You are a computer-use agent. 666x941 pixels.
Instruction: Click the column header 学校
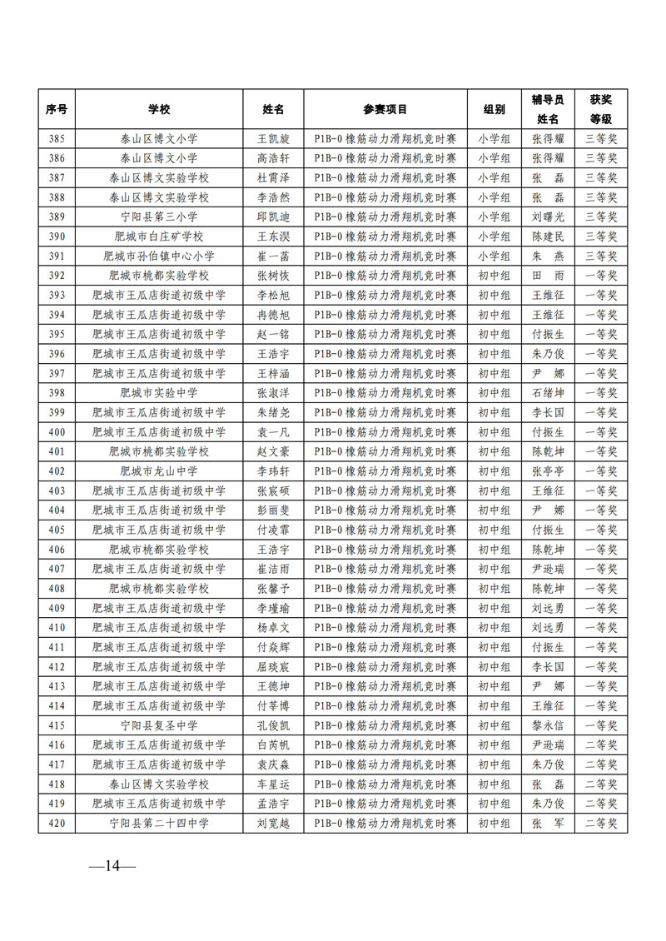pos(158,109)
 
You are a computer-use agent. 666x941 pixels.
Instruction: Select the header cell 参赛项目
pos(385,109)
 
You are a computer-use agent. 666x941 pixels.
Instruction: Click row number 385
pos(57,139)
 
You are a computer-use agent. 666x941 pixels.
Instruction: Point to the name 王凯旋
pos(272,139)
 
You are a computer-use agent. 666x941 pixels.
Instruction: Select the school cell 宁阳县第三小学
pos(158,217)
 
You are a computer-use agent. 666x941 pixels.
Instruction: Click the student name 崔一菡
pos(272,256)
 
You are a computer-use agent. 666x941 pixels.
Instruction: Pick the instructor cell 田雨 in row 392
pos(548,276)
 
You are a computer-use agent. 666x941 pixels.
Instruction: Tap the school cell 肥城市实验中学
pos(158,392)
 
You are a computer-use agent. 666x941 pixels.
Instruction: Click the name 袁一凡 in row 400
pos(272,431)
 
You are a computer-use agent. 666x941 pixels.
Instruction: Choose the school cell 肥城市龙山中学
pos(158,471)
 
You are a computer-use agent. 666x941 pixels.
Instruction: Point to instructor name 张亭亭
pos(548,471)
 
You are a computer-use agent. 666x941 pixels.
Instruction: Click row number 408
pos(57,588)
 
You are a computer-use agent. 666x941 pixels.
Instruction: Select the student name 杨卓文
pos(272,627)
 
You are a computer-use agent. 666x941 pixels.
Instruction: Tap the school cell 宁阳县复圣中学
pos(158,724)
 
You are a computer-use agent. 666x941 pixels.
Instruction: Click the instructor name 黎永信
pos(548,724)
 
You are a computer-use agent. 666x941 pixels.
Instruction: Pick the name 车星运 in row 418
pos(272,784)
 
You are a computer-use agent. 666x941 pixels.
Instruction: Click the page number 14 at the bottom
pos(112,866)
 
